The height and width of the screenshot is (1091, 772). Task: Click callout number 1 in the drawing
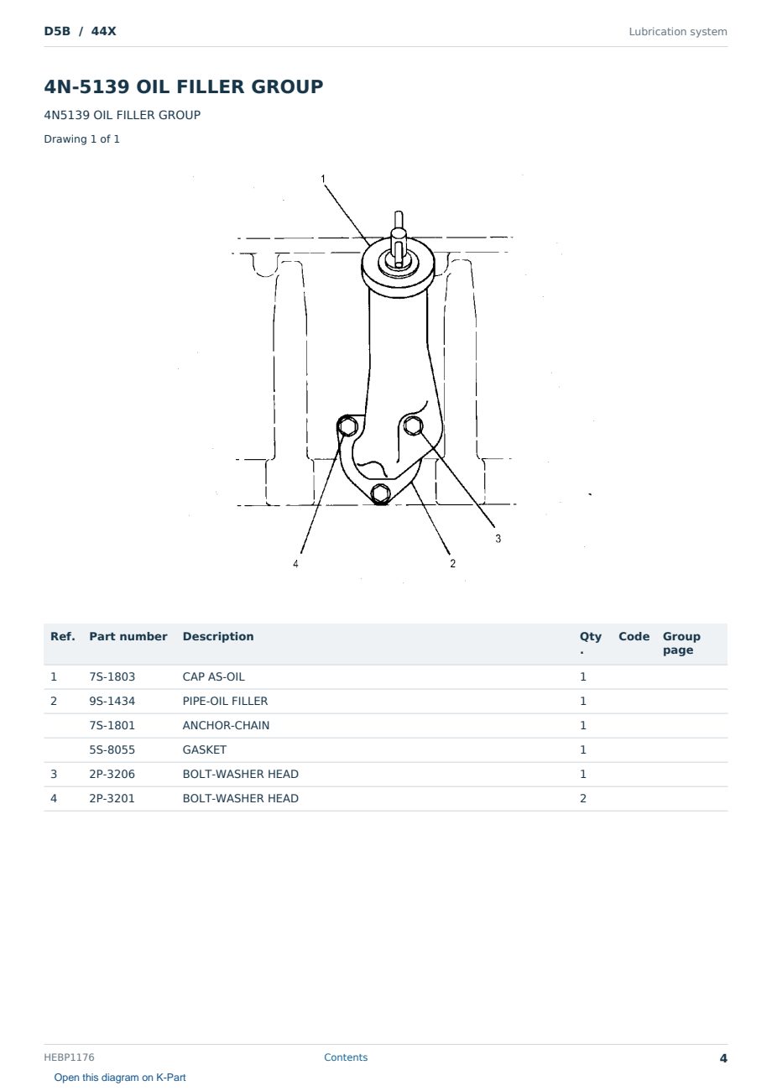(x=323, y=179)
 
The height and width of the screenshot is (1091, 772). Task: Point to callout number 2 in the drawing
(x=452, y=563)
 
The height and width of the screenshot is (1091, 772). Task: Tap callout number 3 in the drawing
(x=498, y=539)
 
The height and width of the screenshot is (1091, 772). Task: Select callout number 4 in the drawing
(x=295, y=564)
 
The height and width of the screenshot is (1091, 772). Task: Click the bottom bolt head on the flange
(x=380, y=493)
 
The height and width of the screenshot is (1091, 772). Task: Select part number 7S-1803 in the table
(x=112, y=676)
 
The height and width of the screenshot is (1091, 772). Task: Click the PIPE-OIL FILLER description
(x=225, y=701)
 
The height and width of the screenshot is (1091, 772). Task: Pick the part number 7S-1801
(x=112, y=725)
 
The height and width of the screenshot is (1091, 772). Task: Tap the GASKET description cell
(x=205, y=749)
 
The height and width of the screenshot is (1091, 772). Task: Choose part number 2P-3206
(x=112, y=774)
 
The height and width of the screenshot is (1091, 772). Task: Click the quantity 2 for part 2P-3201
(x=583, y=798)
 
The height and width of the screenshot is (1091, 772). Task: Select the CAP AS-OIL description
(x=213, y=676)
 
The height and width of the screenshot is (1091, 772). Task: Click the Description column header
(x=218, y=637)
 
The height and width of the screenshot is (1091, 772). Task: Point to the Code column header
(x=634, y=637)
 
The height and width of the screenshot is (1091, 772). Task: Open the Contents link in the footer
(x=346, y=1057)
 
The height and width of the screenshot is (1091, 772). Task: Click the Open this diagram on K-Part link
(x=120, y=1078)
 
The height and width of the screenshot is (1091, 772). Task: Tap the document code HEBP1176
(x=69, y=1057)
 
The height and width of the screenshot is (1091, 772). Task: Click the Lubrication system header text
(x=678, y=32)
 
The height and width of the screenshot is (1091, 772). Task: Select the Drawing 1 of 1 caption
(x=82, y=139)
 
